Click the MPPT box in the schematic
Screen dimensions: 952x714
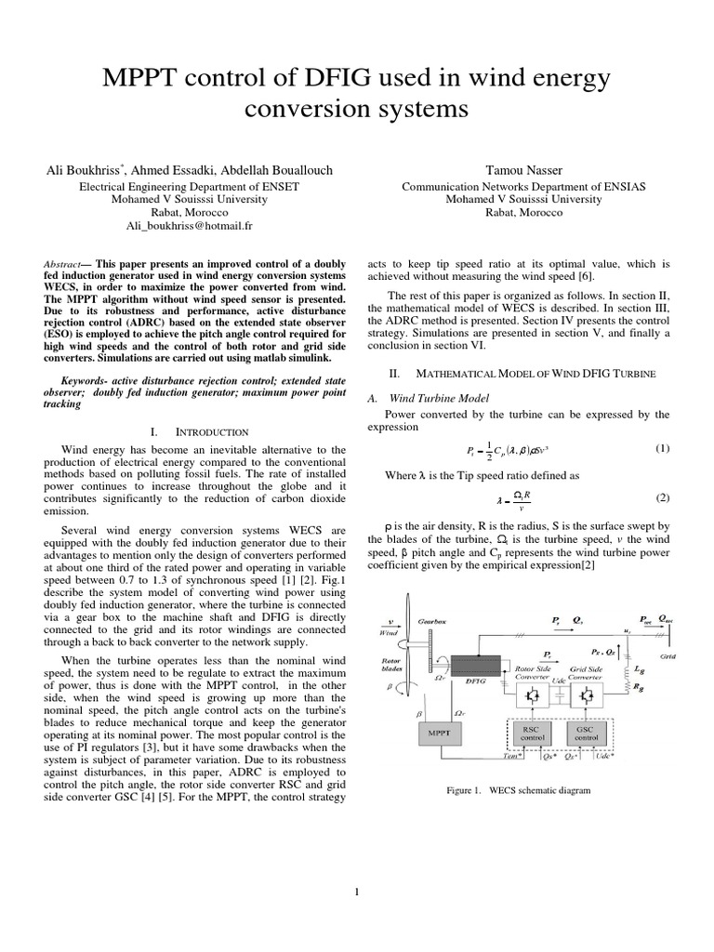click(437, 735)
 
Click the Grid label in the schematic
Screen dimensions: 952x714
click(668, 654)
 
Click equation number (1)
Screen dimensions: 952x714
click(662, 448)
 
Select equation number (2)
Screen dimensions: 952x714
click(662, 497)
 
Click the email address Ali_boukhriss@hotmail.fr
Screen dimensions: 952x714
click(189, 226)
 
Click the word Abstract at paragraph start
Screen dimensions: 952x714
click(63, 264)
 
